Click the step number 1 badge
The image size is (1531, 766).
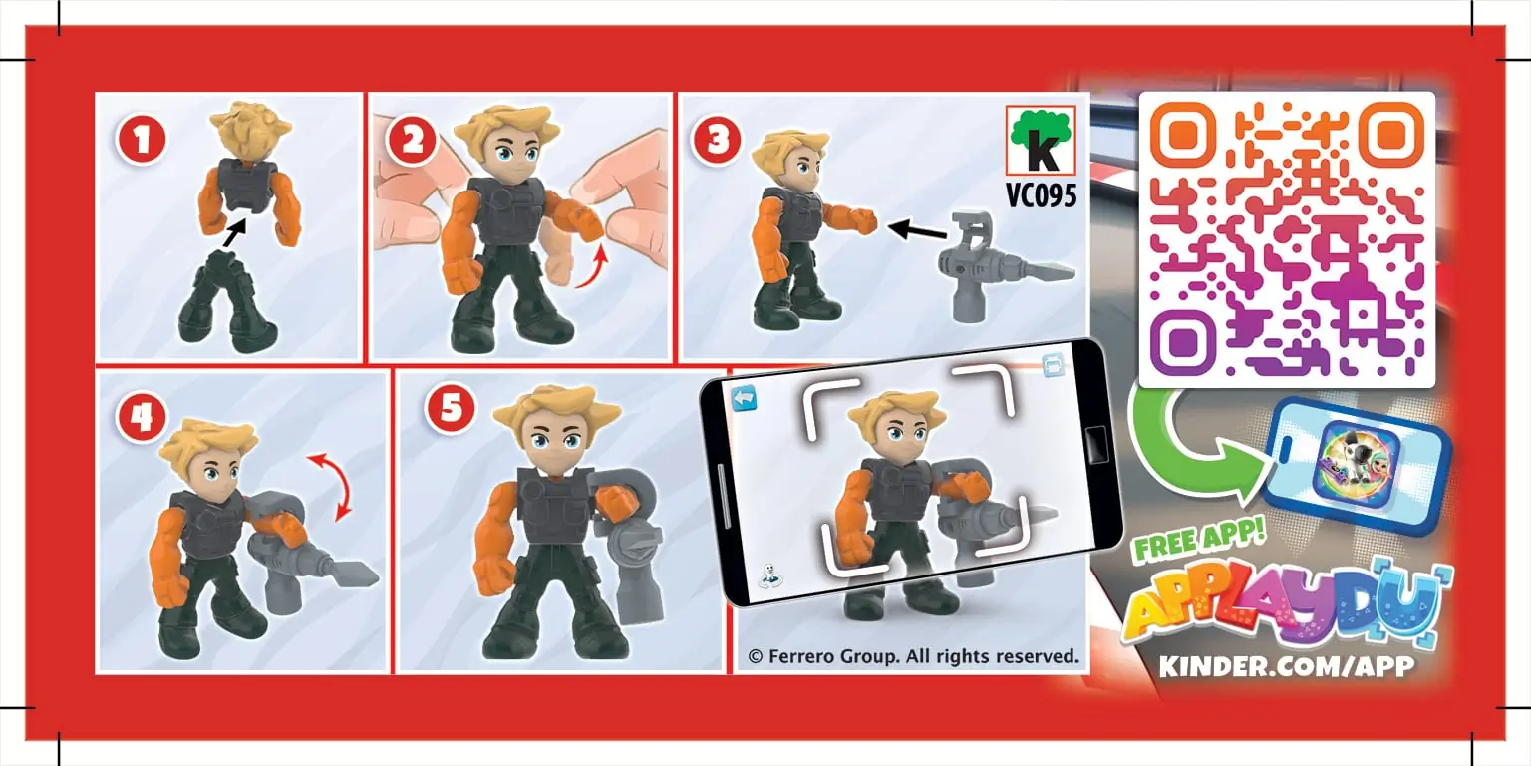pyautogui.click(x=142, y=140)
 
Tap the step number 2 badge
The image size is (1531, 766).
pyautogui.click(x=412, y=140)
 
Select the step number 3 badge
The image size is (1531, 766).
pyautogui.click(x=717, y=140)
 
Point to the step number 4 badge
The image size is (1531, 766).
pyautogui.click(x=142, y=417)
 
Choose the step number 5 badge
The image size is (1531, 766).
pyautogui.click(x=451, y=408)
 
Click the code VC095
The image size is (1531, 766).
pyautogui.click(x=1041, y=194)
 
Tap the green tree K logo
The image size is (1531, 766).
pyautogui.click(x=1041, y=141)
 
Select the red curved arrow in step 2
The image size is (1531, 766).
pyautogui.click(x=593, y=269)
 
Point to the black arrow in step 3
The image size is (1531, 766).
pyautogui.click(x=917, y=230)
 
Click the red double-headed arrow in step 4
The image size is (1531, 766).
pyautogui.click(x=330, y=486)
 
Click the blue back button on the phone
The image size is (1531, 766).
pyautogui.click(x=744, y=398)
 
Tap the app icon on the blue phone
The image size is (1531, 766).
pyautogui.click(x=1358, y=463)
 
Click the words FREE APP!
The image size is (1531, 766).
pyautogui.click(x=1199, y=539)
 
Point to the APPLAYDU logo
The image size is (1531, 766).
pyautogui.click(x=1285, y=606)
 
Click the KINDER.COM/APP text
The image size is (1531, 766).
pyautogui.click(x=1287, y=666)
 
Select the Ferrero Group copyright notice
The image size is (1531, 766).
pyautogui.click(x=913, y=656)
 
